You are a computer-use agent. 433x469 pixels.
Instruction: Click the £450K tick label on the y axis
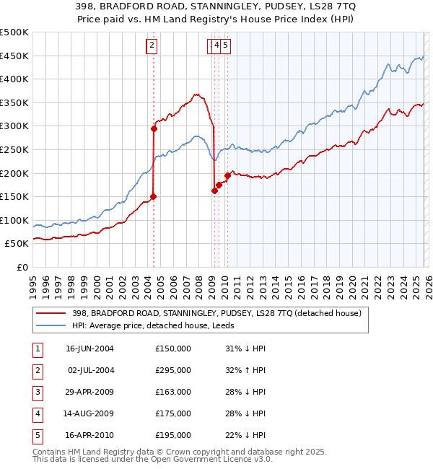(14, 56)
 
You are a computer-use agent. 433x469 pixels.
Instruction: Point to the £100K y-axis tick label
(14, 220)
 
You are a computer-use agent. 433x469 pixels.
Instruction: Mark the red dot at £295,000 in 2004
(154, 129)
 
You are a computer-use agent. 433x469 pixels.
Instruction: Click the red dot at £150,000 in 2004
(153, 196)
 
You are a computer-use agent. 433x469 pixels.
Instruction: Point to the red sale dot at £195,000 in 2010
(227, 175)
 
